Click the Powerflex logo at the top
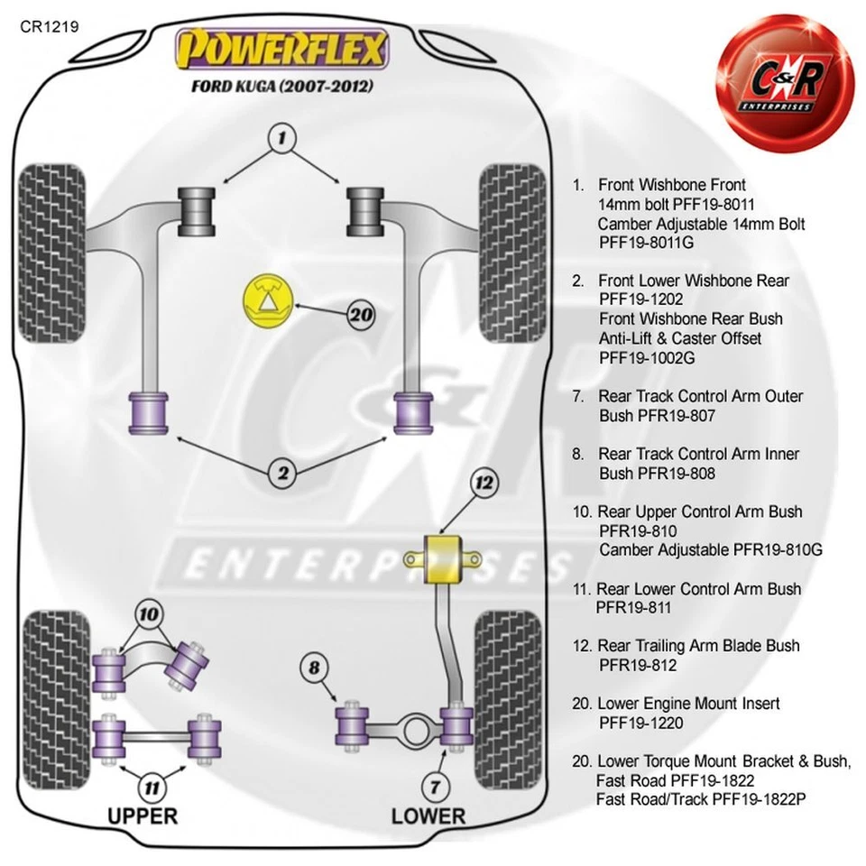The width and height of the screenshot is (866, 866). point(283,50)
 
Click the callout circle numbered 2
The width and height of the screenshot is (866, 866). point(282,470)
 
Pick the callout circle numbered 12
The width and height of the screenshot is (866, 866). point(485,484)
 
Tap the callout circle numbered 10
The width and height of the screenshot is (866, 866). point(149,615)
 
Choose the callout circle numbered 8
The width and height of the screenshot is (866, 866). point(314,668)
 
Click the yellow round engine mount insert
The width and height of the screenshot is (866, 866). point(266,301)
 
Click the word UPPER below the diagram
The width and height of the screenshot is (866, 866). point(143,816)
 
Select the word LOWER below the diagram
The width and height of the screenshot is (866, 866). point(428,816)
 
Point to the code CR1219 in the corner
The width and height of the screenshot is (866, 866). point(49,26)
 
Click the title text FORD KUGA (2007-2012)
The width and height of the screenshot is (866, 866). point(282,87)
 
